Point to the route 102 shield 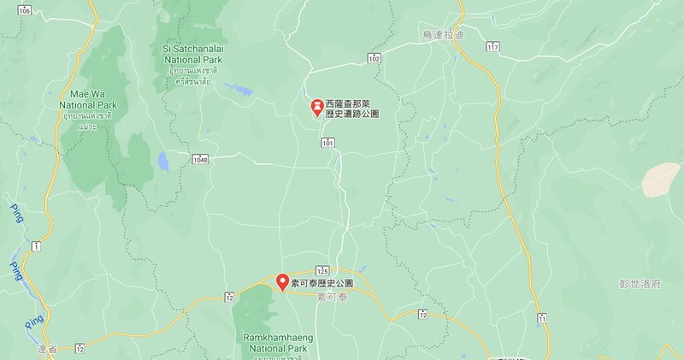pyautogui.click(x=374, y=57)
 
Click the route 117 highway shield pyautogui.click(x=492, y=45)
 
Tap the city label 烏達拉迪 pyautogui.click(x=441, y=34)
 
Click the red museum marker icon pyautogui.click(x=315, y=107)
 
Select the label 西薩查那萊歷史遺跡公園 pyautogui.click(x=352, y=108)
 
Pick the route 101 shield pyautogui.click(x=329, y=144)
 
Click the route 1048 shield pyautogui.click(x=200, y=159)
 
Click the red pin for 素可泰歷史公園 pyautogui.click(x=282, y=280)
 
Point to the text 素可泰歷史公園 pyautogui.click(x=322, y=280)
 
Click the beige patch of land pyautogui.click(x=663, y=179)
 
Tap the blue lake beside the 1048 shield pyautogui.click(x=163, y=160)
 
